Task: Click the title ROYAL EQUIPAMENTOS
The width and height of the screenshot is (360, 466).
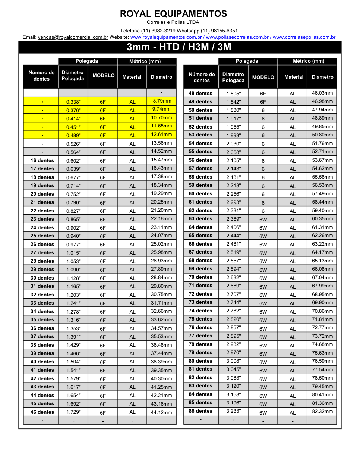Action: (x=173, y=14)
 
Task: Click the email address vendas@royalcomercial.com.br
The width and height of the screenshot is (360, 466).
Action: (x=73, y=37)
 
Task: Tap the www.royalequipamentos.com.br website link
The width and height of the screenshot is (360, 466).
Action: (x=166, y=37)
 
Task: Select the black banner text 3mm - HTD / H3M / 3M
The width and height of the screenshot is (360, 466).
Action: (x=179, y=47)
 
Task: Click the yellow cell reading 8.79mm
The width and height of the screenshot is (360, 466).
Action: (x=162, y=101)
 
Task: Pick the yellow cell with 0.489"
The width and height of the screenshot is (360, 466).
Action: (x=73, y=135)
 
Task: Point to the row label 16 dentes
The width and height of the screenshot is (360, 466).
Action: (x=42, y=160)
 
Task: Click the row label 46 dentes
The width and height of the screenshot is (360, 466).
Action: (x=42, y=412)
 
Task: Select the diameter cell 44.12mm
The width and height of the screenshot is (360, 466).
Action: (x=161, y=412)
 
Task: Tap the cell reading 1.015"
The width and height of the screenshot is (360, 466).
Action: (x=73, y=253)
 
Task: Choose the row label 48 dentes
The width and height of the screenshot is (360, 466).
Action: (x=200, y=93)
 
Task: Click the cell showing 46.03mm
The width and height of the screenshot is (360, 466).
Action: (x=322, y=93)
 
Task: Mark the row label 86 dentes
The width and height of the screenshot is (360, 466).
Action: (x=200, y=411)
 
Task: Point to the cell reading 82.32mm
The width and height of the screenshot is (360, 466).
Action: (x=322, y=411)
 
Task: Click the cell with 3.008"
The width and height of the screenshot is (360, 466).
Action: (x=234, y=361)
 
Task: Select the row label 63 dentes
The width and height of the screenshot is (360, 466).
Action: (x=200, y=218)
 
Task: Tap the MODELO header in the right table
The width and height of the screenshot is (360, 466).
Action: (x=263, y=77)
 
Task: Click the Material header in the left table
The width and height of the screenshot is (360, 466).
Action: (x=132, y=77)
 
